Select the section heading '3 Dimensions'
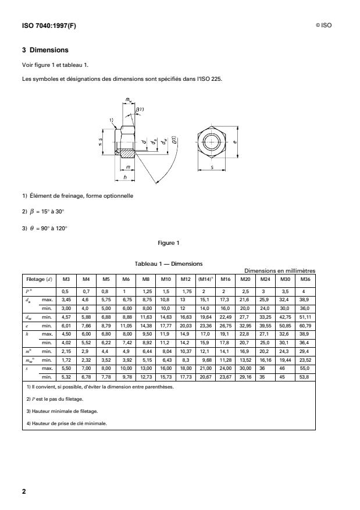point(45,50)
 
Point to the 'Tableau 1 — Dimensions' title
point(168,263)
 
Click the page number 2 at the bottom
point(24,491)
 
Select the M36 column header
point(302,279)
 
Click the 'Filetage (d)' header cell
point(38,279)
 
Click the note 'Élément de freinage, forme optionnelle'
point(77,195)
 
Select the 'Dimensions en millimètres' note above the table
point(280,270)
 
